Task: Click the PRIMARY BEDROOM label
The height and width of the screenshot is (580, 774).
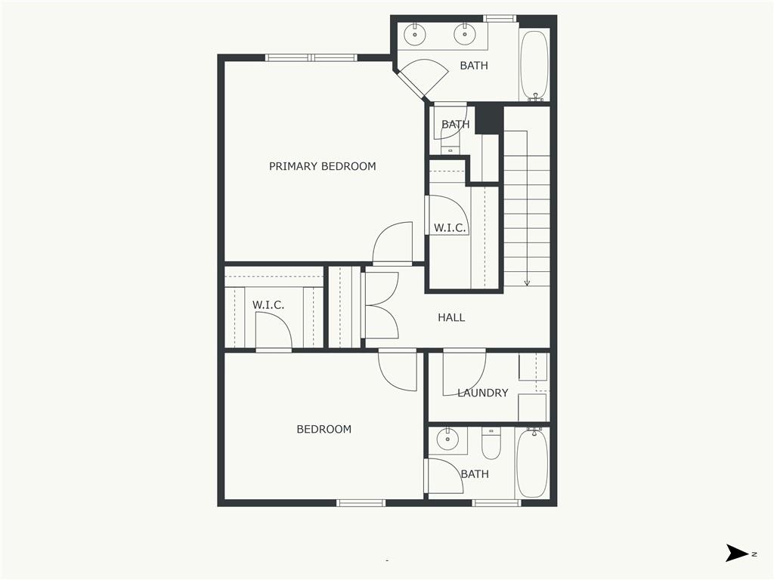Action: click(322, 166)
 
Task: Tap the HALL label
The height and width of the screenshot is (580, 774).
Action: click(451, 318)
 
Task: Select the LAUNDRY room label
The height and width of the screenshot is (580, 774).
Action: click(482, 393)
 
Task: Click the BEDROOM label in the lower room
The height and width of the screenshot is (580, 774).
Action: click(324, 429)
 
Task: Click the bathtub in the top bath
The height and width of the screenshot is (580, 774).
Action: click(535, 65)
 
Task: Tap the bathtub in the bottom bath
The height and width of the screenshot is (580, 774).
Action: click(532, 463)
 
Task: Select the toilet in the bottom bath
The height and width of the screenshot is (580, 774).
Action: click(491, 444)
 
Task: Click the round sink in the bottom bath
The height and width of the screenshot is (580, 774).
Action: click(448, 439)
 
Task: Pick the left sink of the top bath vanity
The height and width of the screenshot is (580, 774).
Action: click(415, 34)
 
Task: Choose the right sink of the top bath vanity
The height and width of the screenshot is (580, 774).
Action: click(463, 34)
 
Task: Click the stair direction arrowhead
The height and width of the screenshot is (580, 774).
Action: click(527, 282)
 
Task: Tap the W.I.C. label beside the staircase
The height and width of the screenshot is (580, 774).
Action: click(449, 227)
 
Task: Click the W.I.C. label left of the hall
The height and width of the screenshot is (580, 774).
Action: click(268, 305)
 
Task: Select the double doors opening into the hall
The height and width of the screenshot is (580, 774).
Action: click(381, 305)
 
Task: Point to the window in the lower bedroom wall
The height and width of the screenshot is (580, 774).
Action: click(361, 503)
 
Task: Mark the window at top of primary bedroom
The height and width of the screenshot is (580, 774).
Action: click(311, 57)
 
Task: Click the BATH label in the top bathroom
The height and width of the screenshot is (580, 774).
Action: click(474, 66)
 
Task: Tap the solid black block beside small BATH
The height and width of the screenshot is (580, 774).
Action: click(489, 119)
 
